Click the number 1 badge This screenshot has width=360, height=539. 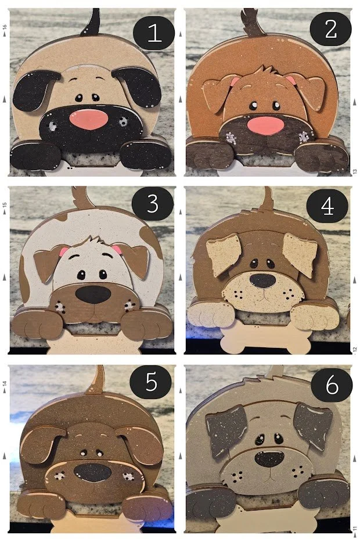coord(154,33)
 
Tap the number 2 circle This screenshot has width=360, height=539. coord(330,29)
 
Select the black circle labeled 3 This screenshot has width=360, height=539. coord(153,205)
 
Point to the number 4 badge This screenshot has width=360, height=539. coord(328,206)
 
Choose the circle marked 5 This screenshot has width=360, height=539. coord(151,383)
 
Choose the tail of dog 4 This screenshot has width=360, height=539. coord(267,200)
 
